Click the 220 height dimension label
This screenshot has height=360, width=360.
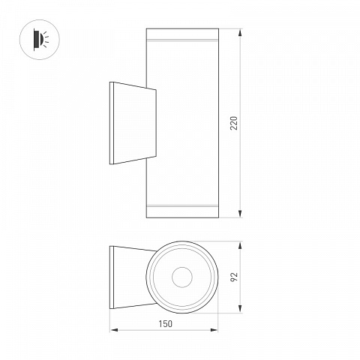[234, 123]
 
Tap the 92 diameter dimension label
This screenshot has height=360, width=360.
[234, 277]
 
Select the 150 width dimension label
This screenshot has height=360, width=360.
[166, 324]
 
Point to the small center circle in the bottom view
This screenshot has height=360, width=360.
[182, 277]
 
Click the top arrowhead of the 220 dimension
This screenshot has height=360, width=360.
[240, 32]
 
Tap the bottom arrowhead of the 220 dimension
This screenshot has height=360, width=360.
[240, 214]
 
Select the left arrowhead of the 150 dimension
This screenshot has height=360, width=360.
[114, 330]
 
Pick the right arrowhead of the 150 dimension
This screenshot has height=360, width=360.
[214, 330]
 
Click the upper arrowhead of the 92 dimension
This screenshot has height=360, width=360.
[240, 245]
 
